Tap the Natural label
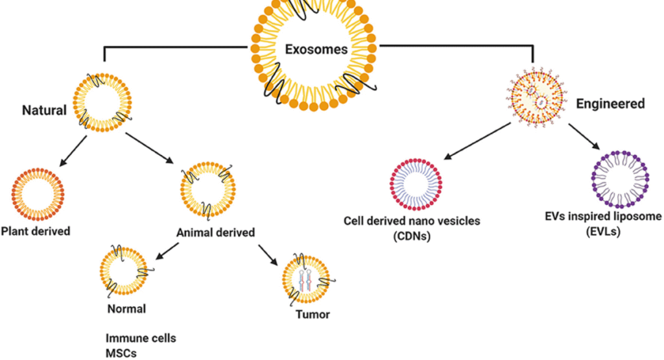(x=44, y=110)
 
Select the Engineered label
(x=610, y=103)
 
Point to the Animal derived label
(x=215, y=232)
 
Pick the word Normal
(x=126, y=309)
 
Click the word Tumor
(x=313, y=315)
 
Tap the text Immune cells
(x=141, y=339)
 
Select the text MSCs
(x=121, y=353)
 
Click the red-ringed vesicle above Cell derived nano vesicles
(x=415, y=184)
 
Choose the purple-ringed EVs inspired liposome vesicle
(x=620, y=178)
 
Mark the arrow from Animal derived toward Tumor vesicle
(x=269, y=254)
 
